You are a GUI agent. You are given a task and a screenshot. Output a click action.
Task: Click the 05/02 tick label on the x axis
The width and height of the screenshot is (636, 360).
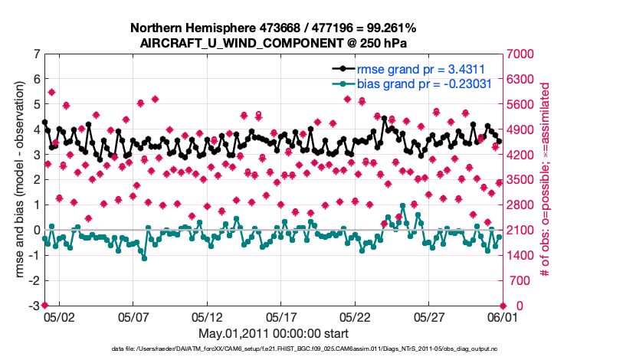(59, 316)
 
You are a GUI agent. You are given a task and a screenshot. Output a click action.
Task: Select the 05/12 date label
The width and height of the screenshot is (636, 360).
(208, 316)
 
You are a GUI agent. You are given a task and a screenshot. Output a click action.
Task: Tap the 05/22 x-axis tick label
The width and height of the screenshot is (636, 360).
(356, 316)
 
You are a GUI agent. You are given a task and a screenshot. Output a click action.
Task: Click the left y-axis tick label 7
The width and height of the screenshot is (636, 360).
(36, 54)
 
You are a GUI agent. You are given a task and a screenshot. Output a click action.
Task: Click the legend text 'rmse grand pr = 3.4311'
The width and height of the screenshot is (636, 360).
(418, 68)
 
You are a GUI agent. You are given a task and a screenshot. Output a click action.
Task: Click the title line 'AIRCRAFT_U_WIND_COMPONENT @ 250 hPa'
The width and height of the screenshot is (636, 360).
(274, 43)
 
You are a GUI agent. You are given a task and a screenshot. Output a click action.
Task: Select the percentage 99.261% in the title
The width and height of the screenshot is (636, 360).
(392, 28)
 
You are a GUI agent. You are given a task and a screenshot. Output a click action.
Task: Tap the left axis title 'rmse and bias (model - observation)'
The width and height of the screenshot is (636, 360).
(14, 180)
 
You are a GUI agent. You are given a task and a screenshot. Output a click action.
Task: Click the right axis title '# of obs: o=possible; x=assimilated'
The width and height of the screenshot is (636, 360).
(546, 180)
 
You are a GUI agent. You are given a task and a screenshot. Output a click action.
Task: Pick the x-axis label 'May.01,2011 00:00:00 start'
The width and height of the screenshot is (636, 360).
(274, 333)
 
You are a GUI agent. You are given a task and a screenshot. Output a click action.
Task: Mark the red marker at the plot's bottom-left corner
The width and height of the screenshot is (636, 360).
(44, 306)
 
